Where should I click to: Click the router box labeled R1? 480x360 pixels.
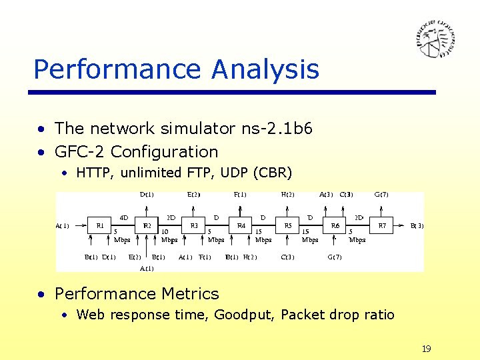(x=100, y=226)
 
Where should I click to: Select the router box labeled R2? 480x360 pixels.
(x=147, y=226)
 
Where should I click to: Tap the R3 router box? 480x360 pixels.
(x=194, y=226)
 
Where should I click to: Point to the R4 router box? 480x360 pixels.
(x=241, y=226)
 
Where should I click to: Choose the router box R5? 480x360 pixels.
(x=288, y=226)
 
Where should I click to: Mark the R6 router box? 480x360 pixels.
(x=335, y=226)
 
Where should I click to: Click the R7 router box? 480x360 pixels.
(x=382, y=226)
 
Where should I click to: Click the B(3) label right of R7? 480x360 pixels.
(x=417, y=226)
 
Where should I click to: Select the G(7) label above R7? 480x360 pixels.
(x=381, y=195)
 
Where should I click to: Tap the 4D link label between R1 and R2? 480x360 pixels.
(x=124, y=217)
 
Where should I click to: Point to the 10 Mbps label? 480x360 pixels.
(x=169, y=236)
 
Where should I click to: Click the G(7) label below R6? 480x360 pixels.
(x=335, y=257)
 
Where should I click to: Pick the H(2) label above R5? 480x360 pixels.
(x=288, y=195)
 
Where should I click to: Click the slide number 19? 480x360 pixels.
(x=427, y=349)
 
